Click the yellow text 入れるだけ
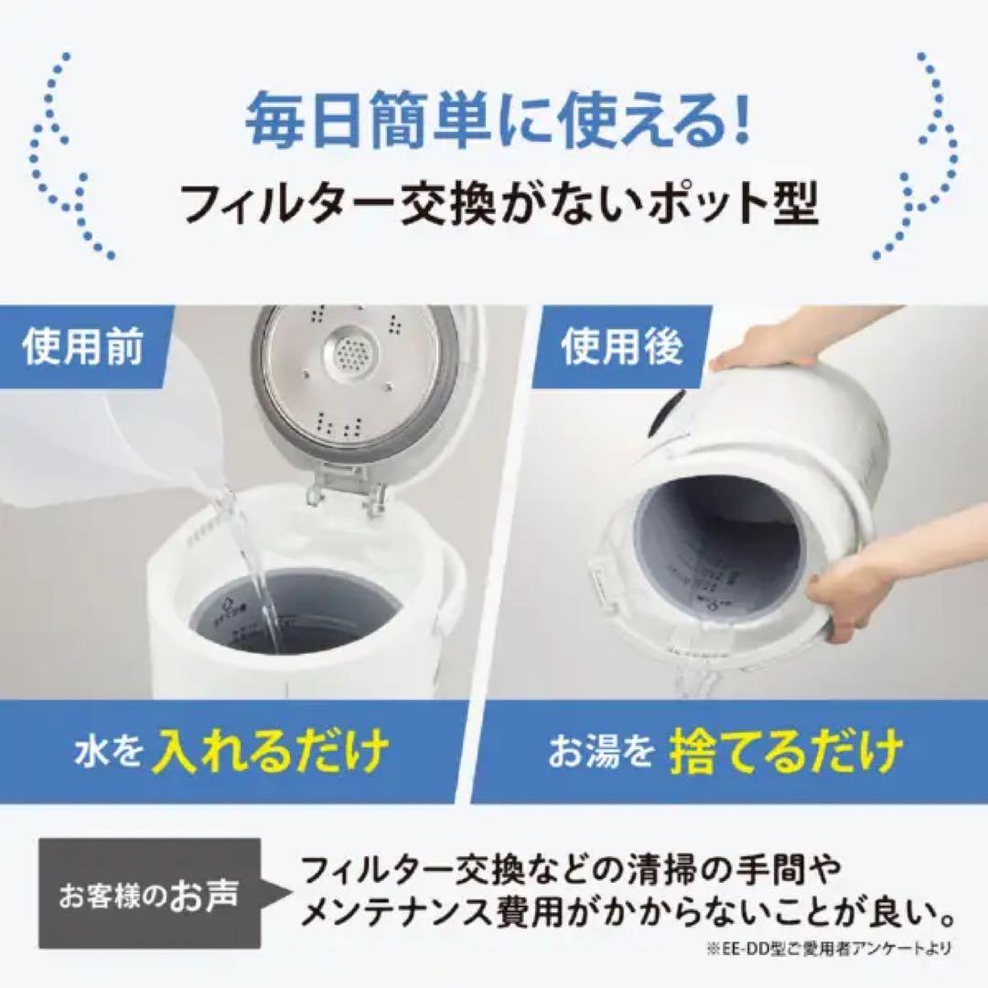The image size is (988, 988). coord(271,752)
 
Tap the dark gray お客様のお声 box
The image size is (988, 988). coord(149,893)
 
